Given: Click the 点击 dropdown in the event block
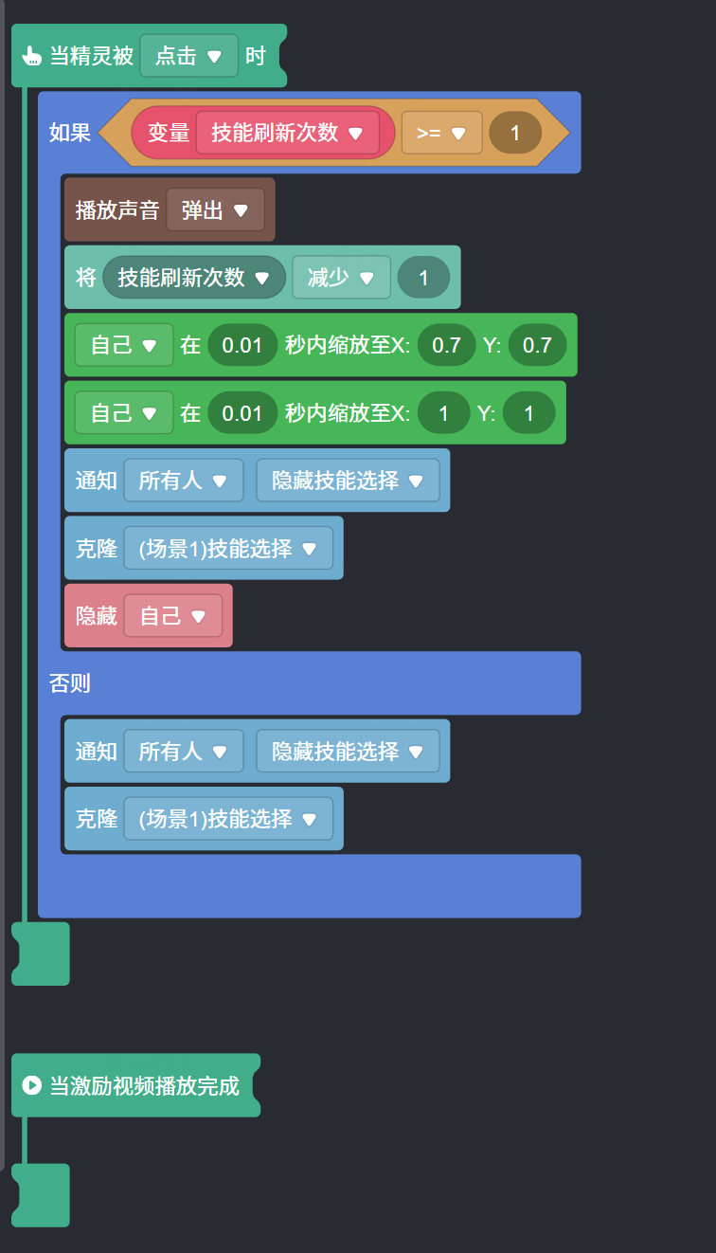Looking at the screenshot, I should coord(188,56).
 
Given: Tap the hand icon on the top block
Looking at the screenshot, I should coord(31,56).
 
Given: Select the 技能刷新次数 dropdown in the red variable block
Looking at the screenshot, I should coord(287,133).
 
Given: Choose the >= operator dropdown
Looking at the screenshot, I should coord(441,133).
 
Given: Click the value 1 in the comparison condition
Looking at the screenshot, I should coord(515,133).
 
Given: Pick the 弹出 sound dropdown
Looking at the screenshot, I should coord(215,209).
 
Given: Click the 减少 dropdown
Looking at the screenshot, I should coord(340,278).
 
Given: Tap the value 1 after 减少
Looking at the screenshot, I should coord(423,278).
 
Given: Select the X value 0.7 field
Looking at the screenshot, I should coord(446,345).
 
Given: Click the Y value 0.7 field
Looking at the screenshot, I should coord(537,345).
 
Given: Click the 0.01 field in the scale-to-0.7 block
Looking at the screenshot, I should coord(242,345).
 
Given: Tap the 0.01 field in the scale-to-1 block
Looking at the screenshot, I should coord(242,413).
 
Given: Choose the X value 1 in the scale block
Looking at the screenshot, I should coord(444,413).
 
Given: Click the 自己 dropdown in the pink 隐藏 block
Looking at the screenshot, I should coord(172,616).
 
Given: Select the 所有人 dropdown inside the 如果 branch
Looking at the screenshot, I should coord(183,481).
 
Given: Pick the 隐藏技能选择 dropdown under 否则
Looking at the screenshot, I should coord(348,752).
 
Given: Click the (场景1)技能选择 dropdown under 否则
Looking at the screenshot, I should coord(227,819).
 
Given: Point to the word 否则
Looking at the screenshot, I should coord(70,682).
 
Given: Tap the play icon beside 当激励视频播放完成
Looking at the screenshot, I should coord(31,1085).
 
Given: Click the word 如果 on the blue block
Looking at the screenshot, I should coord(70,133).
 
